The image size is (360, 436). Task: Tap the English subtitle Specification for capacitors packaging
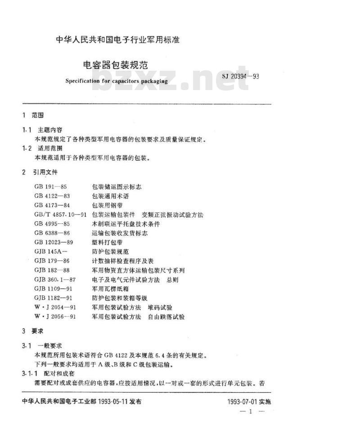coord(116,81)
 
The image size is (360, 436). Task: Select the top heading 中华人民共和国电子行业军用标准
coord(117,40)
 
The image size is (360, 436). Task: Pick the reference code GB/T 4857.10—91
coord(60,214)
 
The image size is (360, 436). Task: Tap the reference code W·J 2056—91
coord(55,317)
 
